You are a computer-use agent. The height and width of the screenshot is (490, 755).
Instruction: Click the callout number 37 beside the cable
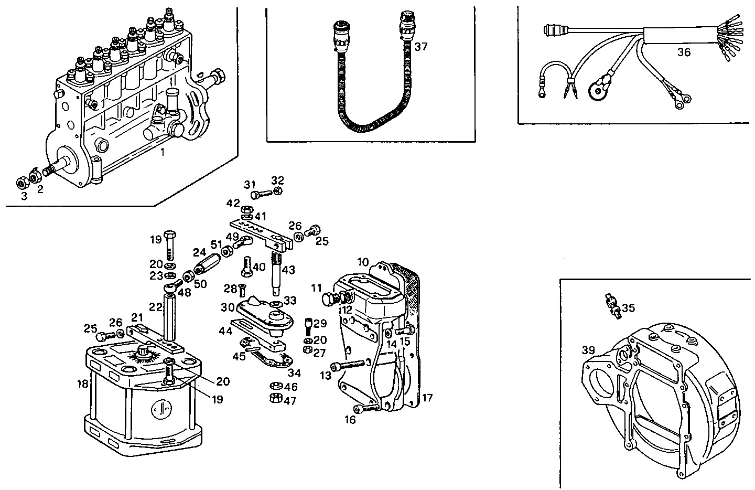point(421,47)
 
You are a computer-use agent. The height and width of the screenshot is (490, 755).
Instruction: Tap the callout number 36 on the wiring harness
point(684,52)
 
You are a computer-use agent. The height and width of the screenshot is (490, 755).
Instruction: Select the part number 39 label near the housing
point(588,350)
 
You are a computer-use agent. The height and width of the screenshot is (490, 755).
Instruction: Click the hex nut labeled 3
point(22,183)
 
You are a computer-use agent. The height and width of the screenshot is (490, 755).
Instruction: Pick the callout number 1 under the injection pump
point(163,153)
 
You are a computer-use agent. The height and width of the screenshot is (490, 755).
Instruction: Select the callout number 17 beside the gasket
point(427,398)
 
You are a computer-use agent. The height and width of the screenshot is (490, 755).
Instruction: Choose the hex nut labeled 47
point(274,399)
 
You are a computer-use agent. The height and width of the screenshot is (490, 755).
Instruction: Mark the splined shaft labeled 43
point(277,270)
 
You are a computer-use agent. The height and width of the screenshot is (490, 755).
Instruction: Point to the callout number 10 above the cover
point(363,261)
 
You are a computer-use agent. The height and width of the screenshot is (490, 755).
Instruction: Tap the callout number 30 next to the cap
point(226,308)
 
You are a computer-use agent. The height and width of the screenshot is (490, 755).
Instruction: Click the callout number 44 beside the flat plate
point(226,331)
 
